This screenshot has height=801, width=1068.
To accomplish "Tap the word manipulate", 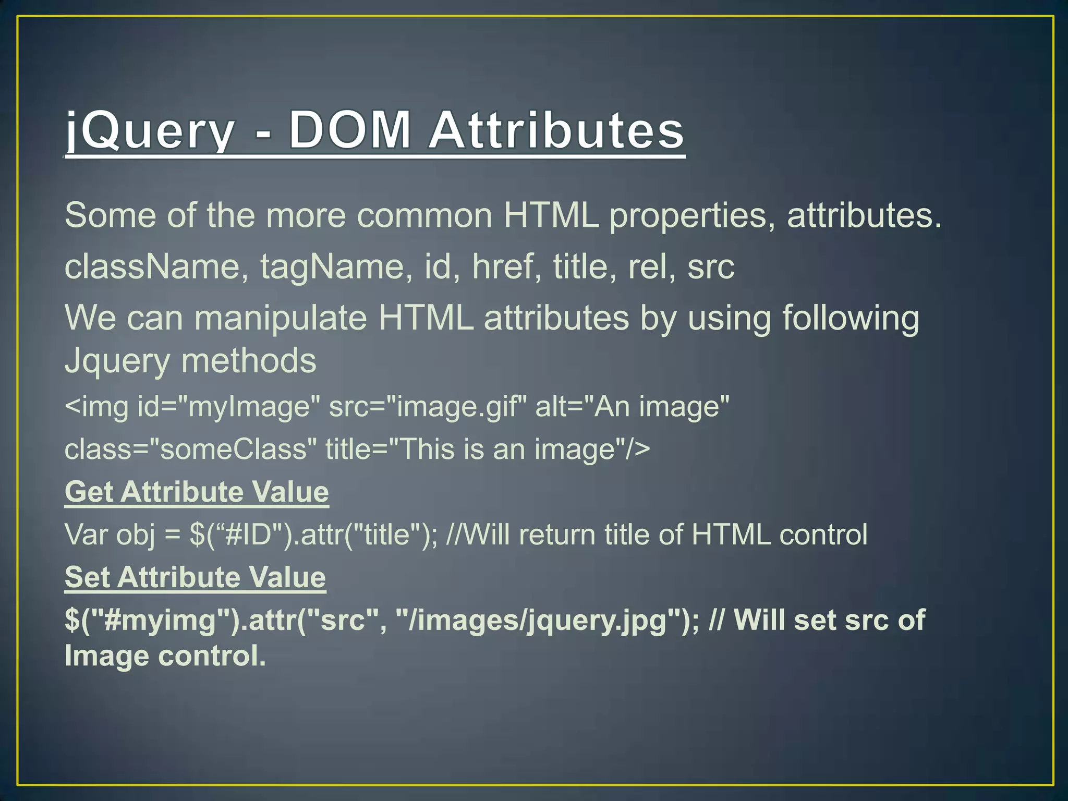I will tap(281, 318).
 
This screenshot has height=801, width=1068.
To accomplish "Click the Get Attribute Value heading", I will tap(197, 492).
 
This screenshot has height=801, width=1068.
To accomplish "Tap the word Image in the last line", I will tap(106, 656).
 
